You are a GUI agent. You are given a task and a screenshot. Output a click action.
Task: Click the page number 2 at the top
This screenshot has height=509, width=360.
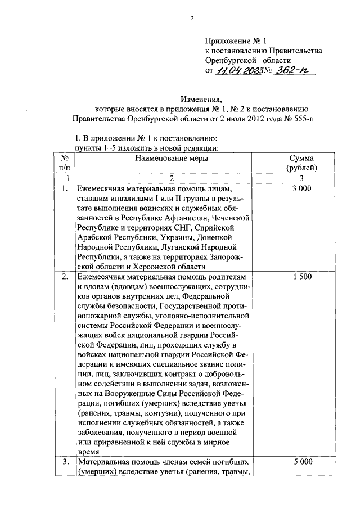click(x=192, y=18)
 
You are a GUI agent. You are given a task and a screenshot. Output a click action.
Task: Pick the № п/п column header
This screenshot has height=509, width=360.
click(x=65, y=163)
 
